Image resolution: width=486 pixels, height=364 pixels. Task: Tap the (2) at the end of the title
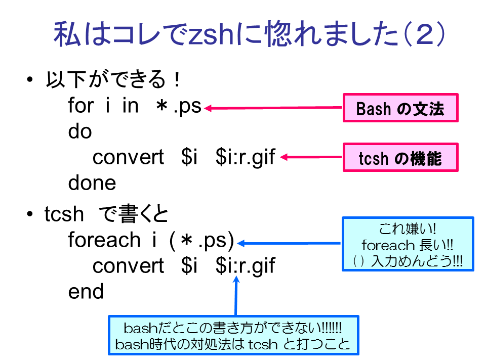(425, 34)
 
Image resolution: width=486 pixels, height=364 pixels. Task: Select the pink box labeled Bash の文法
(400, 108)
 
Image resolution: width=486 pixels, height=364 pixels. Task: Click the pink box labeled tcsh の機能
(400, 157)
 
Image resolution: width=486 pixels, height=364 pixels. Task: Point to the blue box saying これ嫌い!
(408, 244)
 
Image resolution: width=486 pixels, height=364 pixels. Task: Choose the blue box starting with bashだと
(233, 335)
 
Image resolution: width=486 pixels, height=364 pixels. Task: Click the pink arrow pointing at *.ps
(273, 108)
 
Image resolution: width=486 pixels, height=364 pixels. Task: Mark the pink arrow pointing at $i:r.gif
(311, 157)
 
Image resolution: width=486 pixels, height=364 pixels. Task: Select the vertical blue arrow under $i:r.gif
(236, 296)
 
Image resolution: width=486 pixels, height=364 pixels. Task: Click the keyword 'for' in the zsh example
(81, 105)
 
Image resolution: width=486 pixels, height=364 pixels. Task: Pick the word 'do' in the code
(80, 131)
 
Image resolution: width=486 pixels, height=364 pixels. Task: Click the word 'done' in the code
(92, 183)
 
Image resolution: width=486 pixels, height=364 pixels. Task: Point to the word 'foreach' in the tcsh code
(104, 240)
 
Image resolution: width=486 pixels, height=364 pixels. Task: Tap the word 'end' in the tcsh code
(86, 291)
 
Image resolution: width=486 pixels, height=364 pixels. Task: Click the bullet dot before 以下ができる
(30, 79)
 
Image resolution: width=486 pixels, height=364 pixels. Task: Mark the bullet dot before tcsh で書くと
(30, 214)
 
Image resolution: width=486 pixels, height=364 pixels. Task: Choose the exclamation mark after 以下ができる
(177, 79)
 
